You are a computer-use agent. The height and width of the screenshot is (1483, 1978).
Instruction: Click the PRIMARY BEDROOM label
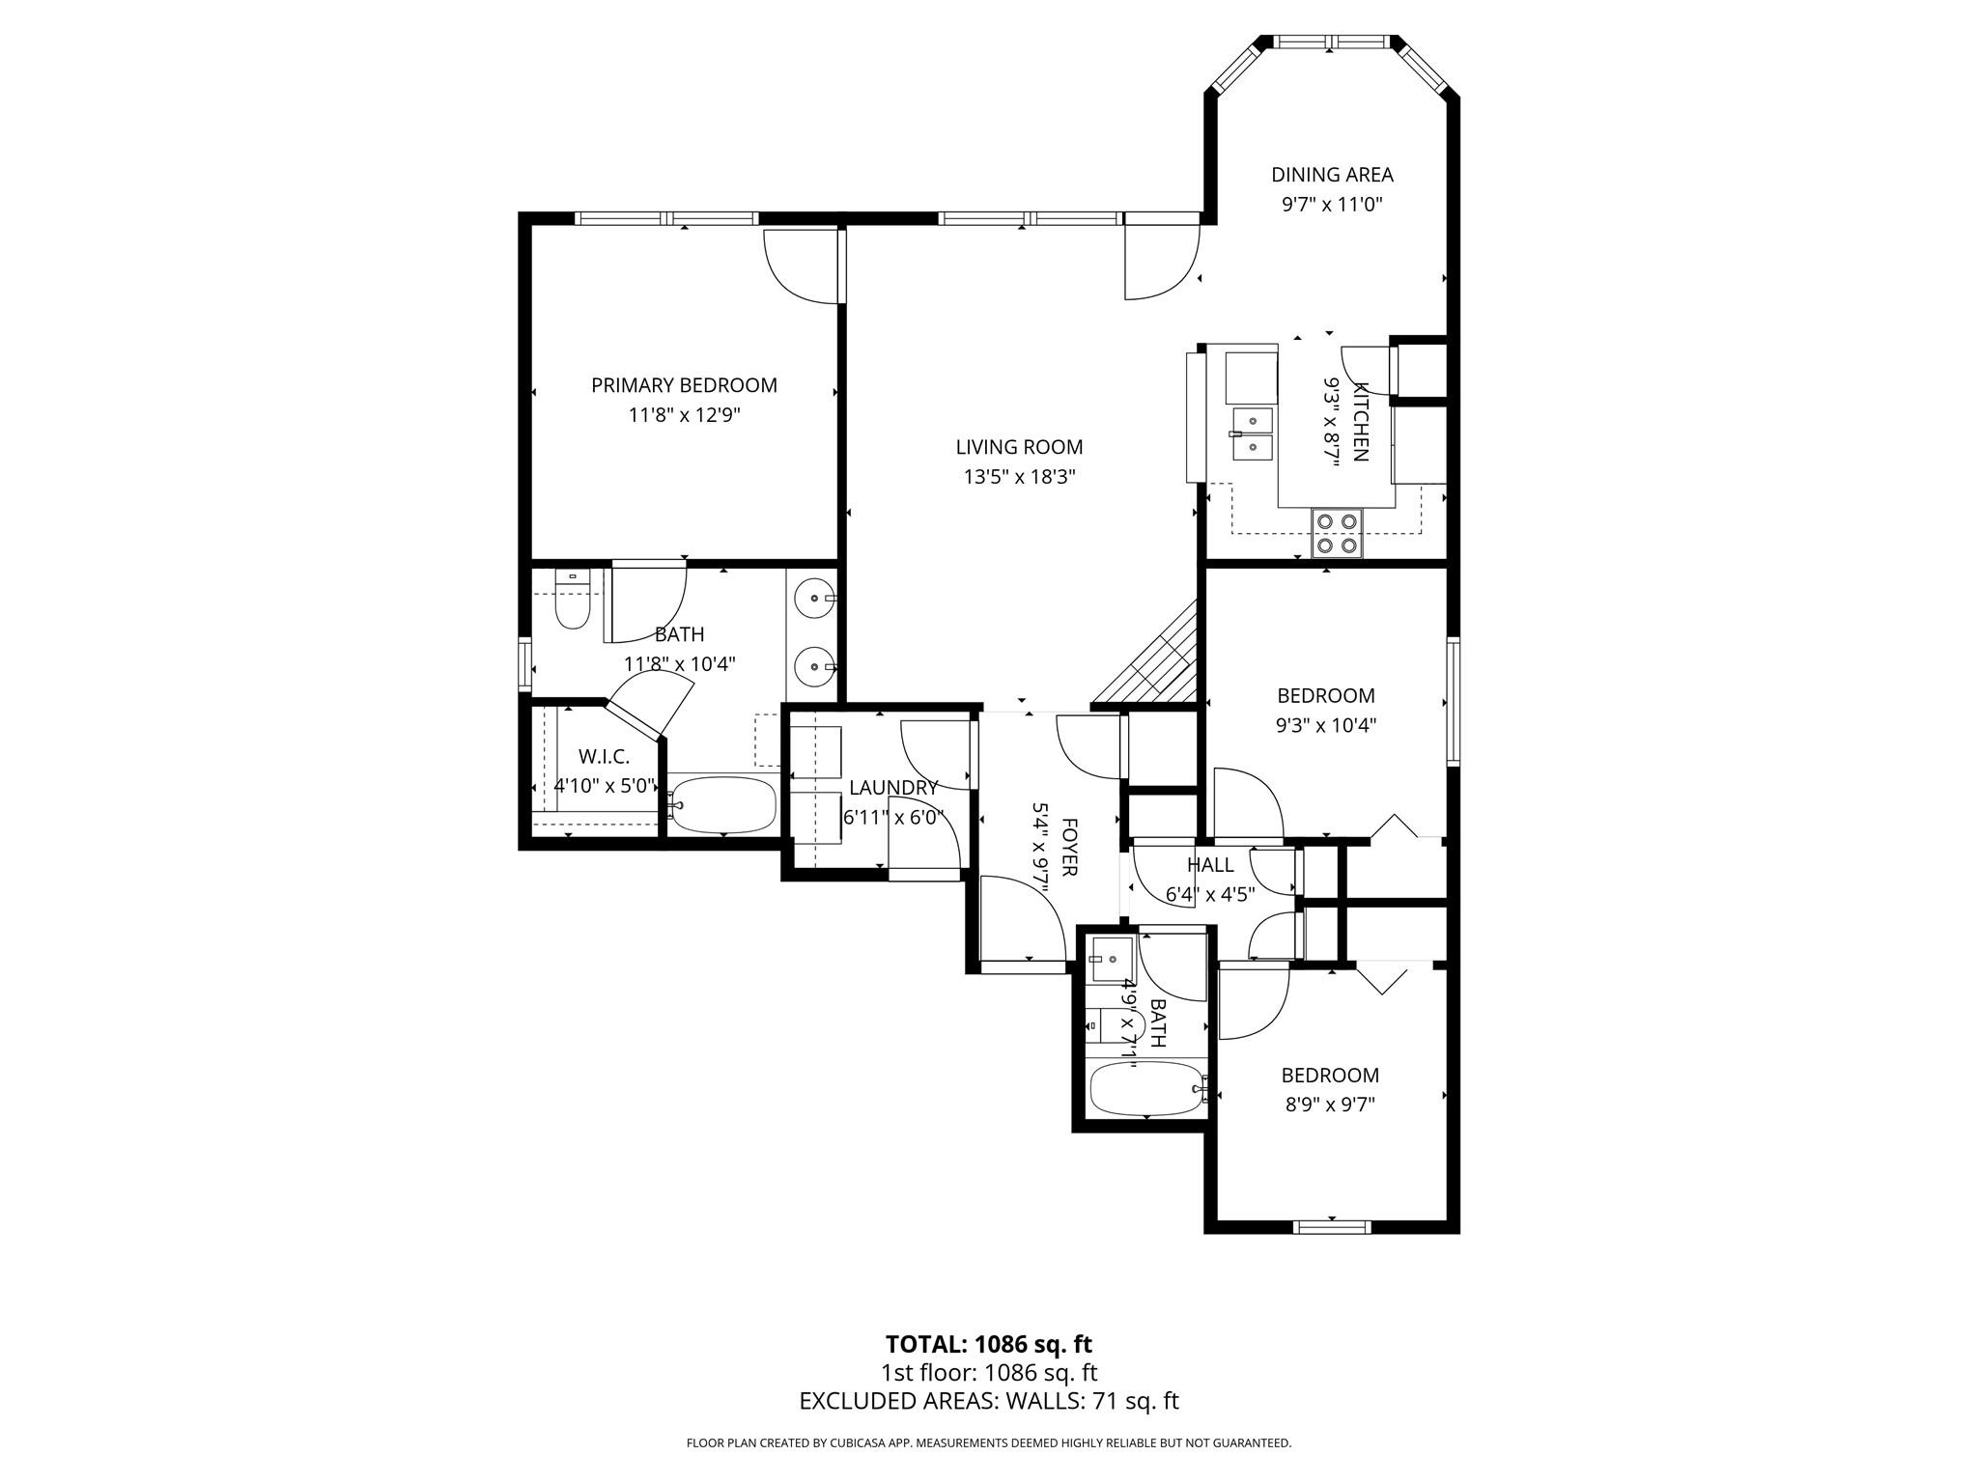tap(684, 385)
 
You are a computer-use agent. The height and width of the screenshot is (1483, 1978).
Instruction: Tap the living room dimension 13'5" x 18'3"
tap(1019, 477)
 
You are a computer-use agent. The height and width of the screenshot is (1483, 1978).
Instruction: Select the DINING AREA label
tap(1332, 175)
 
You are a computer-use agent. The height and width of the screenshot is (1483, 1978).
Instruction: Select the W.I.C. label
tap(604, 757)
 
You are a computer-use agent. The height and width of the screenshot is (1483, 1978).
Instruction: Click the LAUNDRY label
tap(893, 788)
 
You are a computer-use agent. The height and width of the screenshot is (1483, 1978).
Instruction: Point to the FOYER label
tap(1069, 847)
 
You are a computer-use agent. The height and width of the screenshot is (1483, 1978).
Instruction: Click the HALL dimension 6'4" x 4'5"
tap(1210, 895)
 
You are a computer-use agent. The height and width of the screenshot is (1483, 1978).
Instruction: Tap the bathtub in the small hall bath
tap(1146, 1088)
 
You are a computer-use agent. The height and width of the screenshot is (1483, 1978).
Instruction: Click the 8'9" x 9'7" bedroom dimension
tap(1330, 1105)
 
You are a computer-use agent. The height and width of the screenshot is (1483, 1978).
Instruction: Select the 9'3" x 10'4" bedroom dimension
tap(1326, 725)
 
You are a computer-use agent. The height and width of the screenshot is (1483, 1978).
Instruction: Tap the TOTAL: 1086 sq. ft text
tap(988, 1344)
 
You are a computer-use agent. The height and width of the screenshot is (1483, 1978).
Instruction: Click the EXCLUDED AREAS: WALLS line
tap(988, 1401)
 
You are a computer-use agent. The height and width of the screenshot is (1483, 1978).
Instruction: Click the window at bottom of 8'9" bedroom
tap(1331, 1227)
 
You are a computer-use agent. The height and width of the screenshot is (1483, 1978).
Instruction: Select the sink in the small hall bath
tap(1111, 959)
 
